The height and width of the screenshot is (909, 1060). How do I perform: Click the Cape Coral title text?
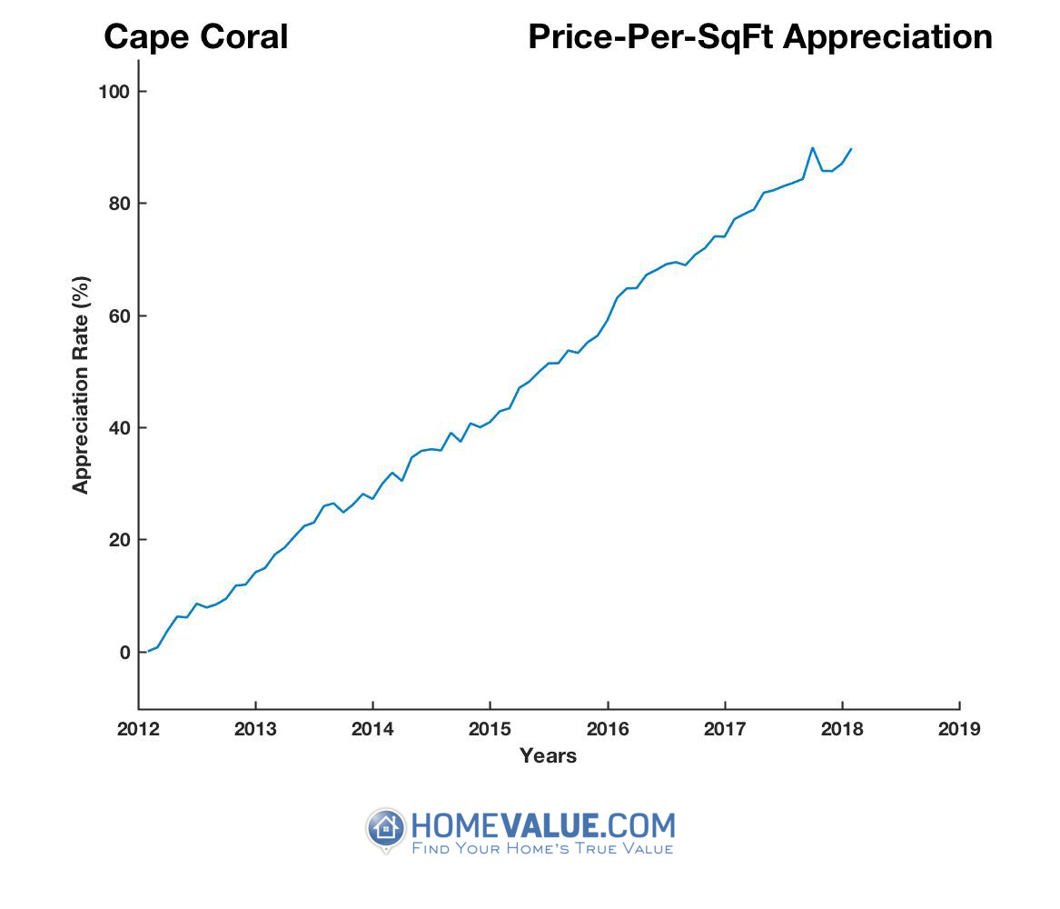tap(196, 37)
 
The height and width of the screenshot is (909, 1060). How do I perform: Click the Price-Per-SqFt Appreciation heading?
tap(759, 37)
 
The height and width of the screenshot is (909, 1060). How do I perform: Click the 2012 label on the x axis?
tap(138, 729)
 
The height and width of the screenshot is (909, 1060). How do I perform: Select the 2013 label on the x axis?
tap(255, 729)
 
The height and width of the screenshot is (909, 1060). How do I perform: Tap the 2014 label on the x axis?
tap(372, 729)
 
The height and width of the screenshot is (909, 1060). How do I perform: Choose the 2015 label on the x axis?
tap(490, 729)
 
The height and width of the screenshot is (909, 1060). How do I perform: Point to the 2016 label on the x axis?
tap(608, 729)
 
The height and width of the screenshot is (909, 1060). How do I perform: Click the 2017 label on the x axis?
tap(725, 729)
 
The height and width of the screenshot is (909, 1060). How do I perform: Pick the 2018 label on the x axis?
tap(842, 729)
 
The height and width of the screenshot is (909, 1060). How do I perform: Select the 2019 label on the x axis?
tap(959, 729)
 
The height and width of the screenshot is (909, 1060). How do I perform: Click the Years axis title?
tap(548, 755)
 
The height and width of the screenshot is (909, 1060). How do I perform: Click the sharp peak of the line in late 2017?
tap(812, 147)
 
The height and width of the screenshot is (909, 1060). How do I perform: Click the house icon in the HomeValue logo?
tap(386, 828)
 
